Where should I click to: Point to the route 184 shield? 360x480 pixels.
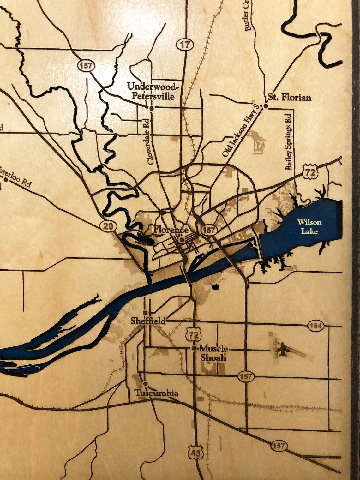pos(315,326)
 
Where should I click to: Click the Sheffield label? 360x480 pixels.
pos(148,321)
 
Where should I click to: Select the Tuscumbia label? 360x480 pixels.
pos(157,393)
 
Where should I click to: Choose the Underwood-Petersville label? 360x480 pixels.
pos(153,91)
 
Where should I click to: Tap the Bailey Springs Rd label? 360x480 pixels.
pos(288,142)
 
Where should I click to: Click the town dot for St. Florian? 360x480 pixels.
pos(266,106)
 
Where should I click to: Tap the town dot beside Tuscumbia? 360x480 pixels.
pos(145,383)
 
